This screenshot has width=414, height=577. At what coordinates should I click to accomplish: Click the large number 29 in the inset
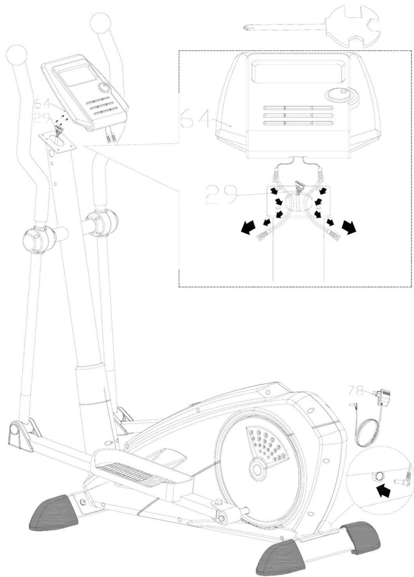(x=221, y=195)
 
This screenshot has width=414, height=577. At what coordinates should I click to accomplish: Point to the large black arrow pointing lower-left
(x=248, y=227)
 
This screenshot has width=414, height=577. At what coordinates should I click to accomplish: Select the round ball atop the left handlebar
(x=17, y=55)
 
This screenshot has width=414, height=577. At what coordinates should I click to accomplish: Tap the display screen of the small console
(x=78, y=75)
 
